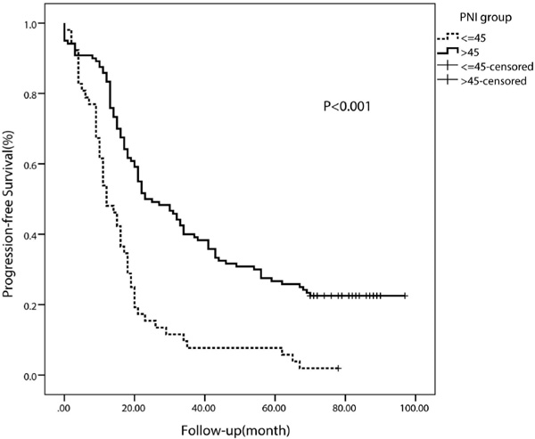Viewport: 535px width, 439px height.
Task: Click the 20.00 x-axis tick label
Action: (x=134, y=408)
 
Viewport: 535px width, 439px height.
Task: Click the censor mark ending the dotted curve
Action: (x=337, y=368)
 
